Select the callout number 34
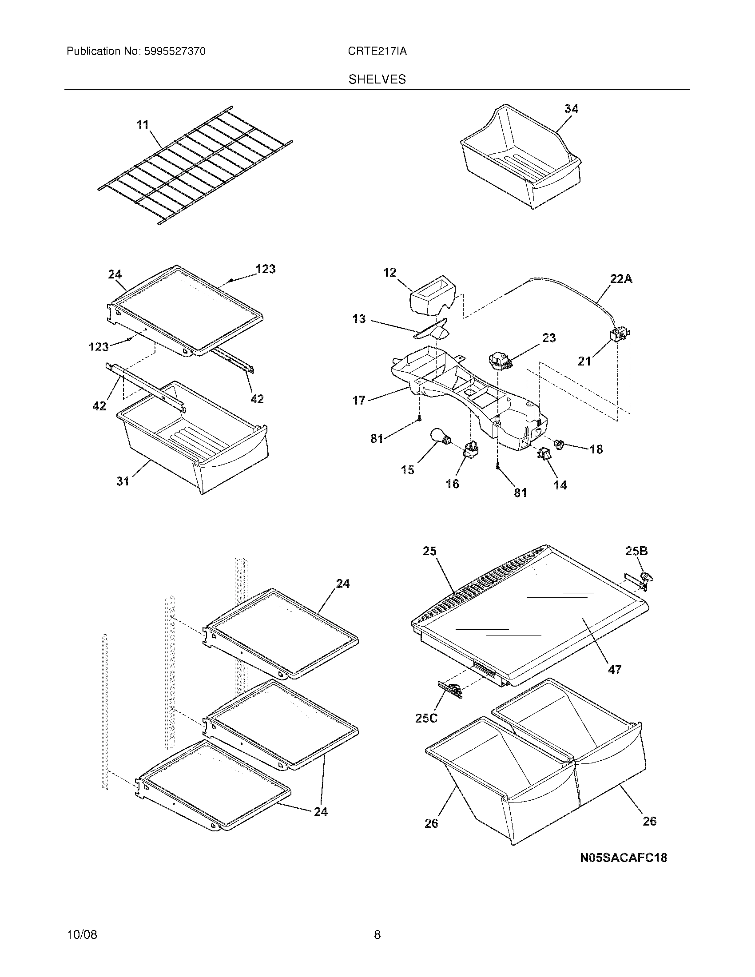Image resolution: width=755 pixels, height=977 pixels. coord(571,109)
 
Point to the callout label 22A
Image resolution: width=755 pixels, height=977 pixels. coord(621,279)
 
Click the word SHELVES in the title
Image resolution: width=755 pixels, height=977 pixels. coord(377,79)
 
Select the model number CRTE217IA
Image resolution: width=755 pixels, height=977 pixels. coord(377,52)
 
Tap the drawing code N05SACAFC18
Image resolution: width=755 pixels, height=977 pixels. coord(624,858)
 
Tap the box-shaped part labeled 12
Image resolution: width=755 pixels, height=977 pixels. coord(433,295)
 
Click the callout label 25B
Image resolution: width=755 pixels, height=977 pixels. coord(636,551)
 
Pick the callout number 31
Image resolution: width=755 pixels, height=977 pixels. coord(123,481)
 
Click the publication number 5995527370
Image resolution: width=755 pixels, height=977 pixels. coord(175,52)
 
